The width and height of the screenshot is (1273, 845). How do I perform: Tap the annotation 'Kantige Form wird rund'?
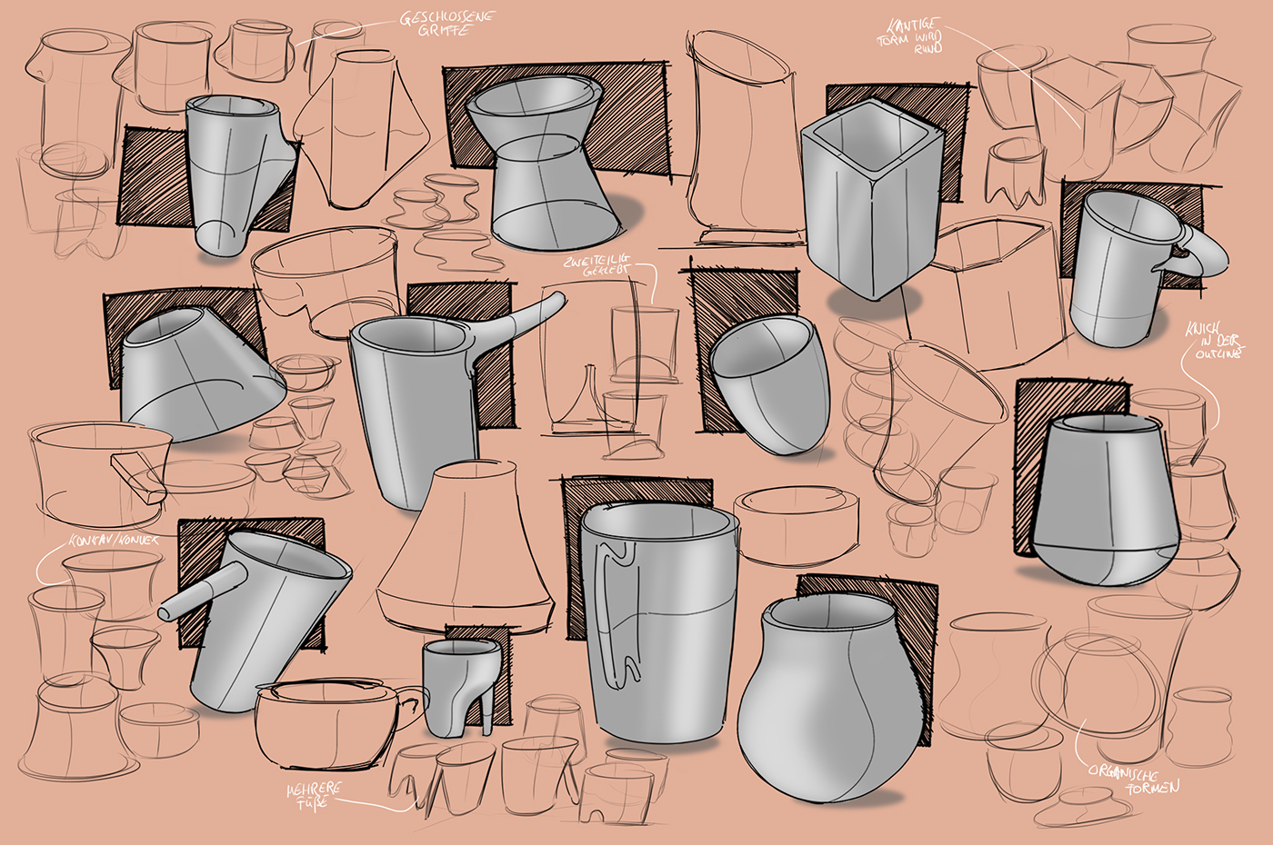(908, 35)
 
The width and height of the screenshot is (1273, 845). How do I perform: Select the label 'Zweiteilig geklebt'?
(595, 266)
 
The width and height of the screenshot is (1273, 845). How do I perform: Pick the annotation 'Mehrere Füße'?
(315, 794)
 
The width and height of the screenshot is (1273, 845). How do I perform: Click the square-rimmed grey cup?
(868, 209)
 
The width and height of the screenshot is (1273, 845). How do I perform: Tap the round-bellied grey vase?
(823, 704)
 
